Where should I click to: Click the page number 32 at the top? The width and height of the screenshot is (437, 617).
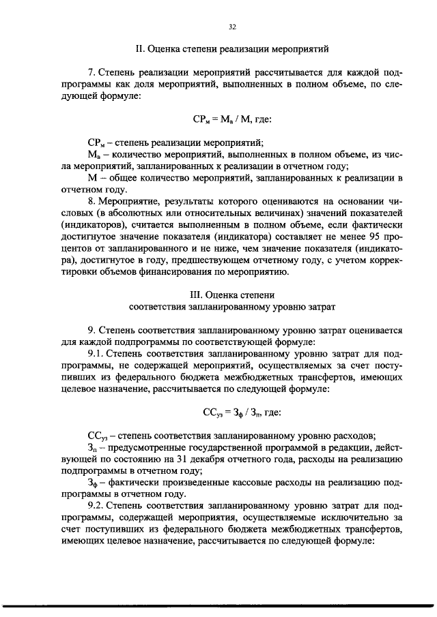(231, 27)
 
